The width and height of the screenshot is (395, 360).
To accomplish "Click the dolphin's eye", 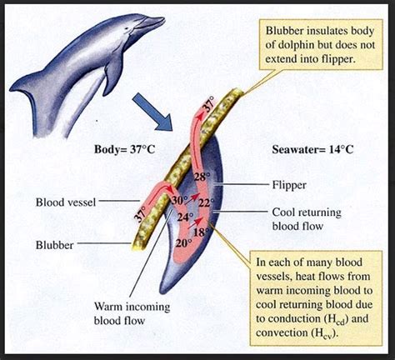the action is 127,28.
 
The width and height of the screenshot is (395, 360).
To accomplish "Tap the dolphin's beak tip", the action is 164,19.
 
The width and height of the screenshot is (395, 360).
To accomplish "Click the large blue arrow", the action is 153,112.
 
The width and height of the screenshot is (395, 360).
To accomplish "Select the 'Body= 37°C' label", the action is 124,149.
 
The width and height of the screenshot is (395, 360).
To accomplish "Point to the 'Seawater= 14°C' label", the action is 312,150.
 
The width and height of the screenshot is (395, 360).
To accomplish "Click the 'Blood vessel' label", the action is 66,202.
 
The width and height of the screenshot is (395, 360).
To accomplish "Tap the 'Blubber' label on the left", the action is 54,245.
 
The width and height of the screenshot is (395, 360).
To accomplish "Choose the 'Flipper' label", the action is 289,185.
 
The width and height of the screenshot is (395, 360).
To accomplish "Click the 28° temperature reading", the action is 202,177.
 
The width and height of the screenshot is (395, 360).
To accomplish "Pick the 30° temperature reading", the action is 179,200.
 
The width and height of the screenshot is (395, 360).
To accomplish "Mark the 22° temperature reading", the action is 206,203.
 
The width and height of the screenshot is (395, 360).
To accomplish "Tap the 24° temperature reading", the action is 185,217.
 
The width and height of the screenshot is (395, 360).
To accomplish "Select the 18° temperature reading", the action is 202,232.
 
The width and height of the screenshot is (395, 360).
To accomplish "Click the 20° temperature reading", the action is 184,243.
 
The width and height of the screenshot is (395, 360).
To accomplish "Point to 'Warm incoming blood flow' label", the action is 132,313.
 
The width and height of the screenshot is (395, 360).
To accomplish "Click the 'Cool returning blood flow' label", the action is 307,219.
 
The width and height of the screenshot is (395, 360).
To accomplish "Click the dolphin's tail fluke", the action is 23,85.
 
